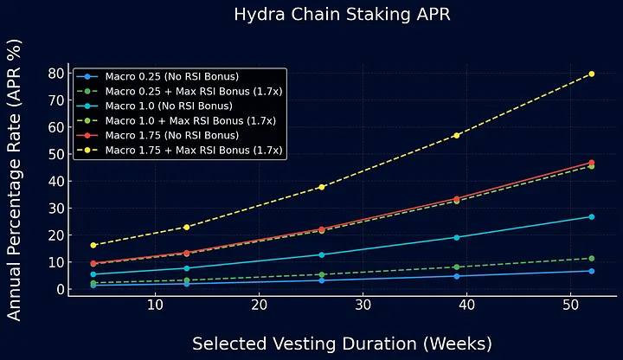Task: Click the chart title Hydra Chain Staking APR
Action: (342, 15)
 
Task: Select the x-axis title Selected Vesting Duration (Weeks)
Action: (342, 344)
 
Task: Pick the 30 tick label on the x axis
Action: (363, 306)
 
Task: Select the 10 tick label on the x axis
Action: (155, 306)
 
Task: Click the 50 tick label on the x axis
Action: (571, 306)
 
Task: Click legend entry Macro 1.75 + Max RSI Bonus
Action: (193, 150)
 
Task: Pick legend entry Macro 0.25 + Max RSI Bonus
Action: (193, 91)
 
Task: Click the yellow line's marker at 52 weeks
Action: (592, 74)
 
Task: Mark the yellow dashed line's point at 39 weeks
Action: (457, 135)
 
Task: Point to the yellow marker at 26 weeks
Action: (322, 187)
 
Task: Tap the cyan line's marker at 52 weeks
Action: (592, 216)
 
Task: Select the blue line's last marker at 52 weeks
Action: (592, 271)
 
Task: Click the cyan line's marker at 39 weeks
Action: (457, 237)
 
